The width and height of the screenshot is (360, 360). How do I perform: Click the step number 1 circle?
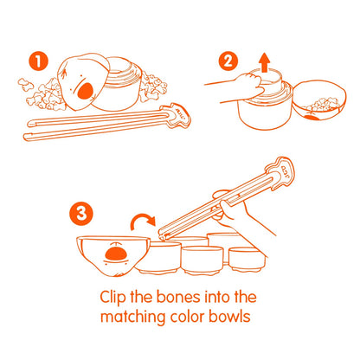pos(38,61)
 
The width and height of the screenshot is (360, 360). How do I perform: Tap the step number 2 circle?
pos(228,61)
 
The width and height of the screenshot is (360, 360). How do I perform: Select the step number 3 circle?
pos(81,214)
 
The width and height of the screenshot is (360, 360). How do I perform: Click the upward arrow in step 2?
pos(264,61)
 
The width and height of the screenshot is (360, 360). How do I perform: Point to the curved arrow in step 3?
pos(141,220)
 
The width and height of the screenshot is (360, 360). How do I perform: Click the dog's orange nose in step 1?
pos(86,91)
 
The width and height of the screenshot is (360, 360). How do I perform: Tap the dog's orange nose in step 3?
pos(116,254)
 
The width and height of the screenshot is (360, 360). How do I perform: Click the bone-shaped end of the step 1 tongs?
pos(176,115)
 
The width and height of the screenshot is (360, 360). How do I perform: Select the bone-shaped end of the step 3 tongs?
pos(280,171)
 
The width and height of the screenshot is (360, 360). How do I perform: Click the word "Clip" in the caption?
pos(112,297)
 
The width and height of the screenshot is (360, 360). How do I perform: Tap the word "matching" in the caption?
pos(132,318)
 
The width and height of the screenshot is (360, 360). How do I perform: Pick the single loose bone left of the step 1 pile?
pos(26,84)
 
